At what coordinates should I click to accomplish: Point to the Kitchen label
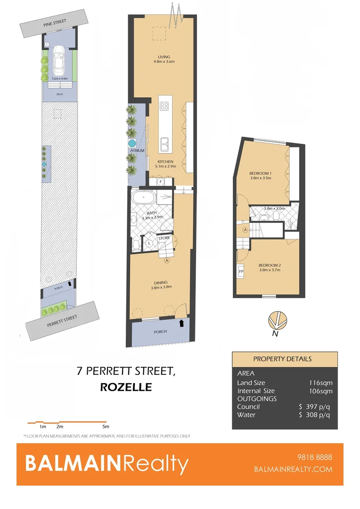(165, 162)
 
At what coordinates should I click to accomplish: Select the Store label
(164, 238)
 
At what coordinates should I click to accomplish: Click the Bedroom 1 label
(260, 173)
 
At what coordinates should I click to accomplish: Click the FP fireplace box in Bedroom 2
(241, 272)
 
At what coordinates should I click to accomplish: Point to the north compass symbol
(276, 320)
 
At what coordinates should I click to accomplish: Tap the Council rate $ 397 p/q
(314, 407)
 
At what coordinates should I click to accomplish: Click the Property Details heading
(282, 359)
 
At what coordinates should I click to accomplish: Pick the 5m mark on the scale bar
(106, 427)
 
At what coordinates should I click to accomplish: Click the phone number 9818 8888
(316, 458)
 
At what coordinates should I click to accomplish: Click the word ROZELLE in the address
(126, 387)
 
